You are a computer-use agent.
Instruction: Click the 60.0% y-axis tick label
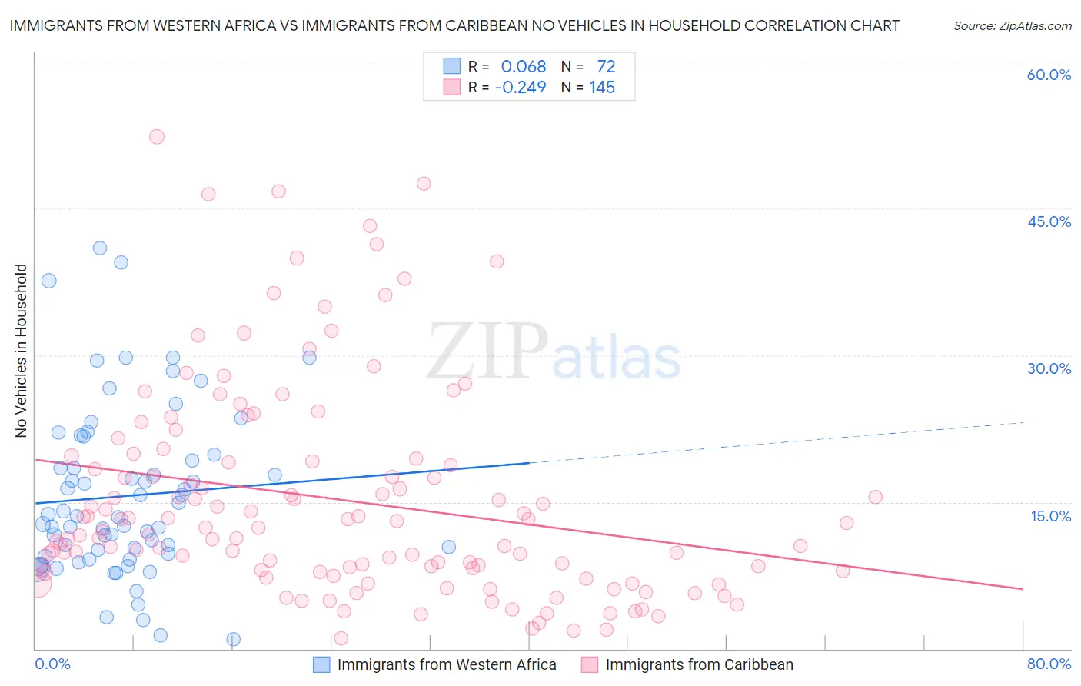(x=1049, y=75)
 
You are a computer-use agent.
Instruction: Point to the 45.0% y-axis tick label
(x=1049, y=221)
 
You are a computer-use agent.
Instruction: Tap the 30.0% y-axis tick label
(x=1049, y=368)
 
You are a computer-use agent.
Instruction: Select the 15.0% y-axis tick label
(x=1050, y=516)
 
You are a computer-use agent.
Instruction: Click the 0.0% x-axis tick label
(x=52, y=664)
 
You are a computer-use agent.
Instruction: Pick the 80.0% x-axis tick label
(x=1049, y=664)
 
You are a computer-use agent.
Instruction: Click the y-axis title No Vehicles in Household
(x=22, y=351)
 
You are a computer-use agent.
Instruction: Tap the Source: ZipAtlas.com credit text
(x=1012, y=26)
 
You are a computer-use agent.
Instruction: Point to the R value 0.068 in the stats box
(x=523, y=67)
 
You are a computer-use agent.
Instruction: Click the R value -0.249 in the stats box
(x=521, y=88)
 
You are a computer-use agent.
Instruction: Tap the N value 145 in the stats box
(x=602, y=88)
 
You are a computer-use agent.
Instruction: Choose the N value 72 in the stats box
(x=606, y=67)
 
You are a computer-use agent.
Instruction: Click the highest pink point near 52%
(x=157, y=137)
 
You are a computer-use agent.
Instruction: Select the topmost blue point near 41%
(x=100, y=248)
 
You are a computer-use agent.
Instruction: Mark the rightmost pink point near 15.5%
(x=875, y=497)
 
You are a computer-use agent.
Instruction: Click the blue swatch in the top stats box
(x=451, y=66)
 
